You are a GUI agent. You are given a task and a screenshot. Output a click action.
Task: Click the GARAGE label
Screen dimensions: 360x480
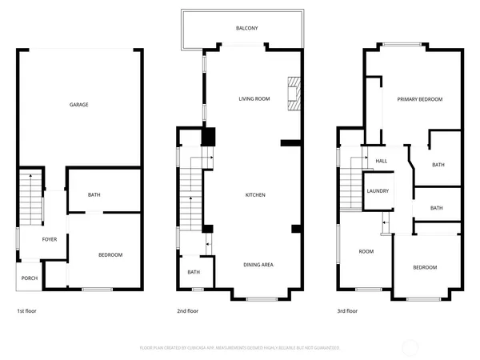78,105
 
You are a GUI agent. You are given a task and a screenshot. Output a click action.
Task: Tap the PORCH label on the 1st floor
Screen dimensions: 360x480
30,278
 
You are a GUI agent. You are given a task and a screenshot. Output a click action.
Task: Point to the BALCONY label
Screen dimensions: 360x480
246,28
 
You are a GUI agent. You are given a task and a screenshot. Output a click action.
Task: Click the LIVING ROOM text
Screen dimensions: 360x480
254,99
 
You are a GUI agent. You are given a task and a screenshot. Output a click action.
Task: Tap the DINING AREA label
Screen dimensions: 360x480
258,264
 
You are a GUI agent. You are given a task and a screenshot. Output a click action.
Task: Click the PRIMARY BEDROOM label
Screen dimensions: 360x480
420,99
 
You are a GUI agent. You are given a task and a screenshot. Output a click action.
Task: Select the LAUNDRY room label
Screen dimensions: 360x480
378,191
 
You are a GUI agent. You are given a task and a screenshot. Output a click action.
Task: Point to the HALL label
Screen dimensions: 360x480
382,161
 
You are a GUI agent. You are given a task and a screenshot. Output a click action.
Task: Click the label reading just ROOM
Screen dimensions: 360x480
366,251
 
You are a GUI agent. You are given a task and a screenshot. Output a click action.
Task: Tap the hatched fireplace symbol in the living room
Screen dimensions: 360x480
295,94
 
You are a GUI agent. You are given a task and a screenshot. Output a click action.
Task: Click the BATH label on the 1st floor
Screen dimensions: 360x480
94,195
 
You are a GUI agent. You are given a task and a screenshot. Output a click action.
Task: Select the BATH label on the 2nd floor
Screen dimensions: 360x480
194,272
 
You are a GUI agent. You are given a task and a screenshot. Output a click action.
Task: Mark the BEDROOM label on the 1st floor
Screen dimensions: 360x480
110,254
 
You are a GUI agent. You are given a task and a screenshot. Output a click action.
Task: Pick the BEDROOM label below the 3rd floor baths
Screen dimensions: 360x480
425,267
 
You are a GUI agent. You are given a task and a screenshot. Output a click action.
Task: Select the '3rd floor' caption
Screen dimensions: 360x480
347,311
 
